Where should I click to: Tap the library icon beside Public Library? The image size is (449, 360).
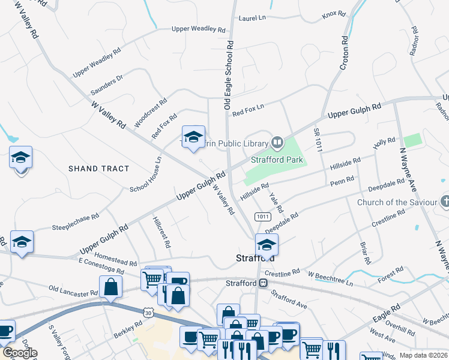tap(277, 143)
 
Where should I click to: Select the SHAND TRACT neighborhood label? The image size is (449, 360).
tap(99, 169)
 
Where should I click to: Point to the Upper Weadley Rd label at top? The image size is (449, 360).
tap(198, 29)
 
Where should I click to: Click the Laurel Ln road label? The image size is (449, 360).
tap(252, 19)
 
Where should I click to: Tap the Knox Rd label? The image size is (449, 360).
tap(334, 14)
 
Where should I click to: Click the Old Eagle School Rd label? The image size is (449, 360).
tap(228, 76)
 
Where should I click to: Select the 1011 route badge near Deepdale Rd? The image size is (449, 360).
tap(261, 216)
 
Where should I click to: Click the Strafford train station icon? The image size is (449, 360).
tap(262, 283)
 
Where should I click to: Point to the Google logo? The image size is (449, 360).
tap(19, 353)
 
